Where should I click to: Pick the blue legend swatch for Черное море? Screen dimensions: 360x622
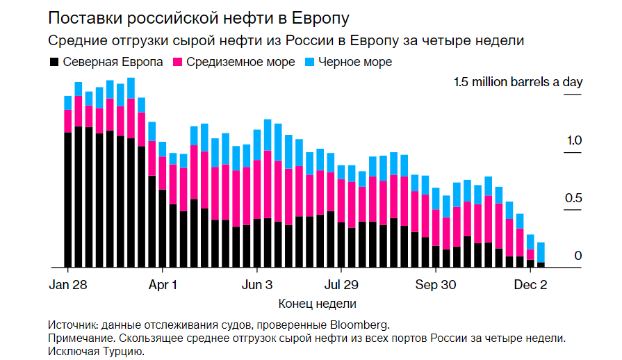pyautogui.click(x=310, y=62)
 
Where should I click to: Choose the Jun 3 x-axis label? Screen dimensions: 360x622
pyautogui.click(x=257, y=285)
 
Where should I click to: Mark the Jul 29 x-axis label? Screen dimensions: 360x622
pyautogui.click(x=341, y=285)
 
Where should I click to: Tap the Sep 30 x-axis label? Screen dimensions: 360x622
pyautogui.click(x=436, y=285)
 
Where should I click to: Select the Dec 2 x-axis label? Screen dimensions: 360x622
pyautogui.click(x=531, y=285)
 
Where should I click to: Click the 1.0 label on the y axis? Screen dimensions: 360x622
pyautogui.click(x=573, y=141)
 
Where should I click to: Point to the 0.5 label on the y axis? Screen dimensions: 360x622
pyautogui.click(x=573, y=199)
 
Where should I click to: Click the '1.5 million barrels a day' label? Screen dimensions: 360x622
pyautogui.click(x=518, y=83)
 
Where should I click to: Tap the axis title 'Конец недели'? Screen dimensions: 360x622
pyautogui.click(x=317, y=304)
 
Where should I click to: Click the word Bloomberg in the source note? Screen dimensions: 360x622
pyautogui.click(x=359, y=325)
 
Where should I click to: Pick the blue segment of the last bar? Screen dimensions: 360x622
pyautogui.click(x=541, y=252)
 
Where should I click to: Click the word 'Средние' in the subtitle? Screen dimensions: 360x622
pyautogui.click(x=71, y=40)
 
